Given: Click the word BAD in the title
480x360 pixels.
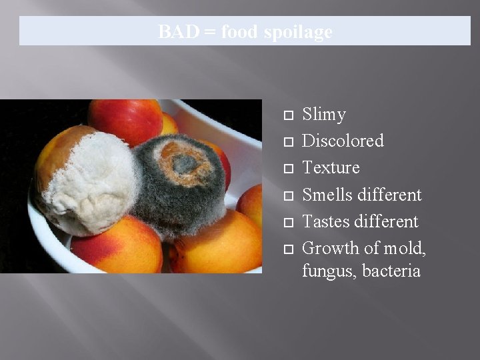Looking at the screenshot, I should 178,32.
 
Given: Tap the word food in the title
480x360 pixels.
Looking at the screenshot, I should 240,32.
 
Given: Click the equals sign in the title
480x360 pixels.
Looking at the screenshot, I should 209,32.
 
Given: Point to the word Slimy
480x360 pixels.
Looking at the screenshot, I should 324,115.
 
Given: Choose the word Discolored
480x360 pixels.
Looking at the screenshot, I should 343,141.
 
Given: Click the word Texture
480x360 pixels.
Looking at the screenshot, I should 331,167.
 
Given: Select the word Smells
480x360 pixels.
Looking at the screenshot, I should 327,195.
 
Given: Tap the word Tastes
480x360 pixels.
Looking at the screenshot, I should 326,221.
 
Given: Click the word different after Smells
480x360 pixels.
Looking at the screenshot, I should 389,195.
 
